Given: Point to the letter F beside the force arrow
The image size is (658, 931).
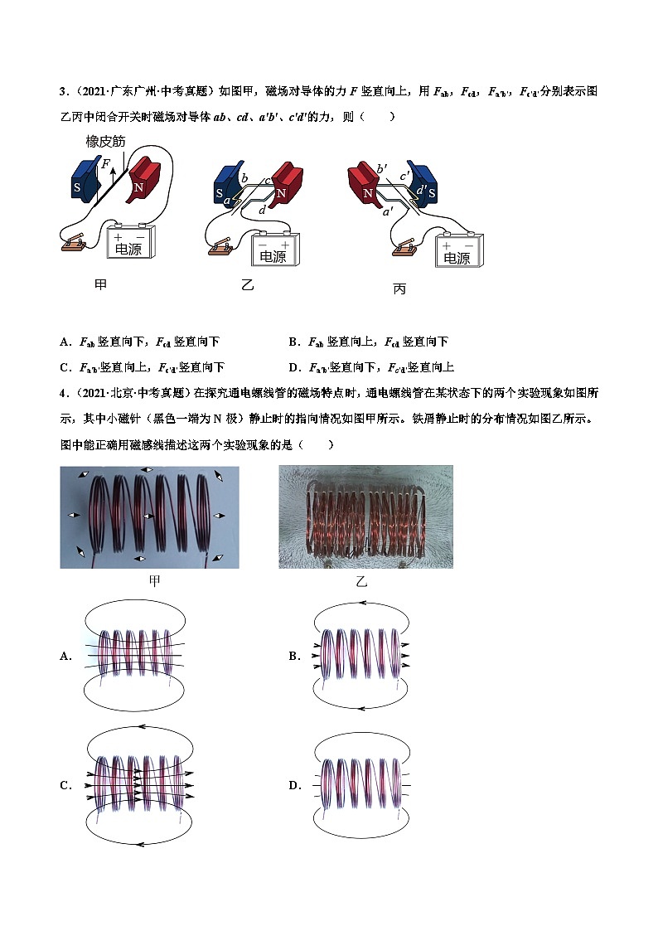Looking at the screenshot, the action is (104, 164).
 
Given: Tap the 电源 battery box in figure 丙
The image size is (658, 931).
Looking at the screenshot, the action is (457, 251).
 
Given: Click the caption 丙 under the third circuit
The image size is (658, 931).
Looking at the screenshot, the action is (399, 290).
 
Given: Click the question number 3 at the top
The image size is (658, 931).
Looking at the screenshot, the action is (63, 91).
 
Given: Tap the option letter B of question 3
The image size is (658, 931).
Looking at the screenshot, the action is (293, 342).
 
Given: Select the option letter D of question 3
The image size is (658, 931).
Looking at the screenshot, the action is (293, 367).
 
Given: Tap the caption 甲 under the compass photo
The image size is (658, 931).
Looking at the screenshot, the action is (154, 581).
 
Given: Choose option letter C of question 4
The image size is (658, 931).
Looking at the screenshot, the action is (65, 785).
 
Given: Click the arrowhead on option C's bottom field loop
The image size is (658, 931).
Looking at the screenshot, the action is (135, 845).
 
